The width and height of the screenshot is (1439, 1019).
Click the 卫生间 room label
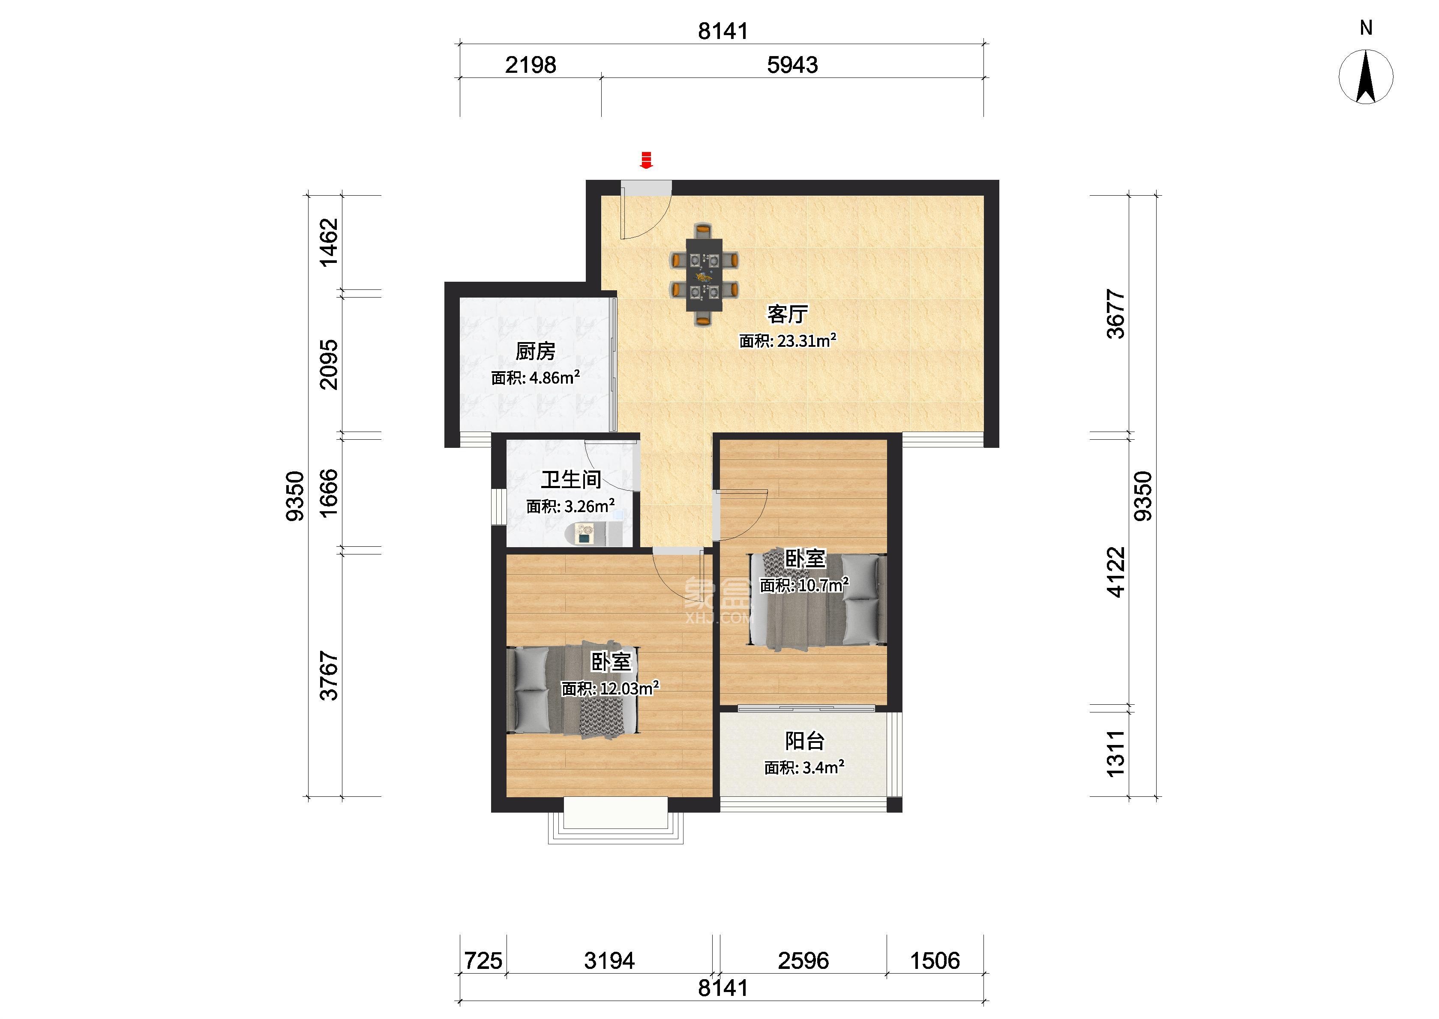pyautogui.click(x=571, y=480)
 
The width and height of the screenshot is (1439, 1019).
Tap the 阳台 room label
pyautogui.click(x=804, y=741)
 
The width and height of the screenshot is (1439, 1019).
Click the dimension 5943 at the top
pyautogui.click(x=792, y=65)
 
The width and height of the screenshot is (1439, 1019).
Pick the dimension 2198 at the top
pyautogui.click(x=531, y=65)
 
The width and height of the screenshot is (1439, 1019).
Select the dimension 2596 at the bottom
pyautogui.click(x=803, y=961)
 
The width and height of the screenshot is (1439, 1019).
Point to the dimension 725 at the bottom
pyautogui.click(x=483, y=961)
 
